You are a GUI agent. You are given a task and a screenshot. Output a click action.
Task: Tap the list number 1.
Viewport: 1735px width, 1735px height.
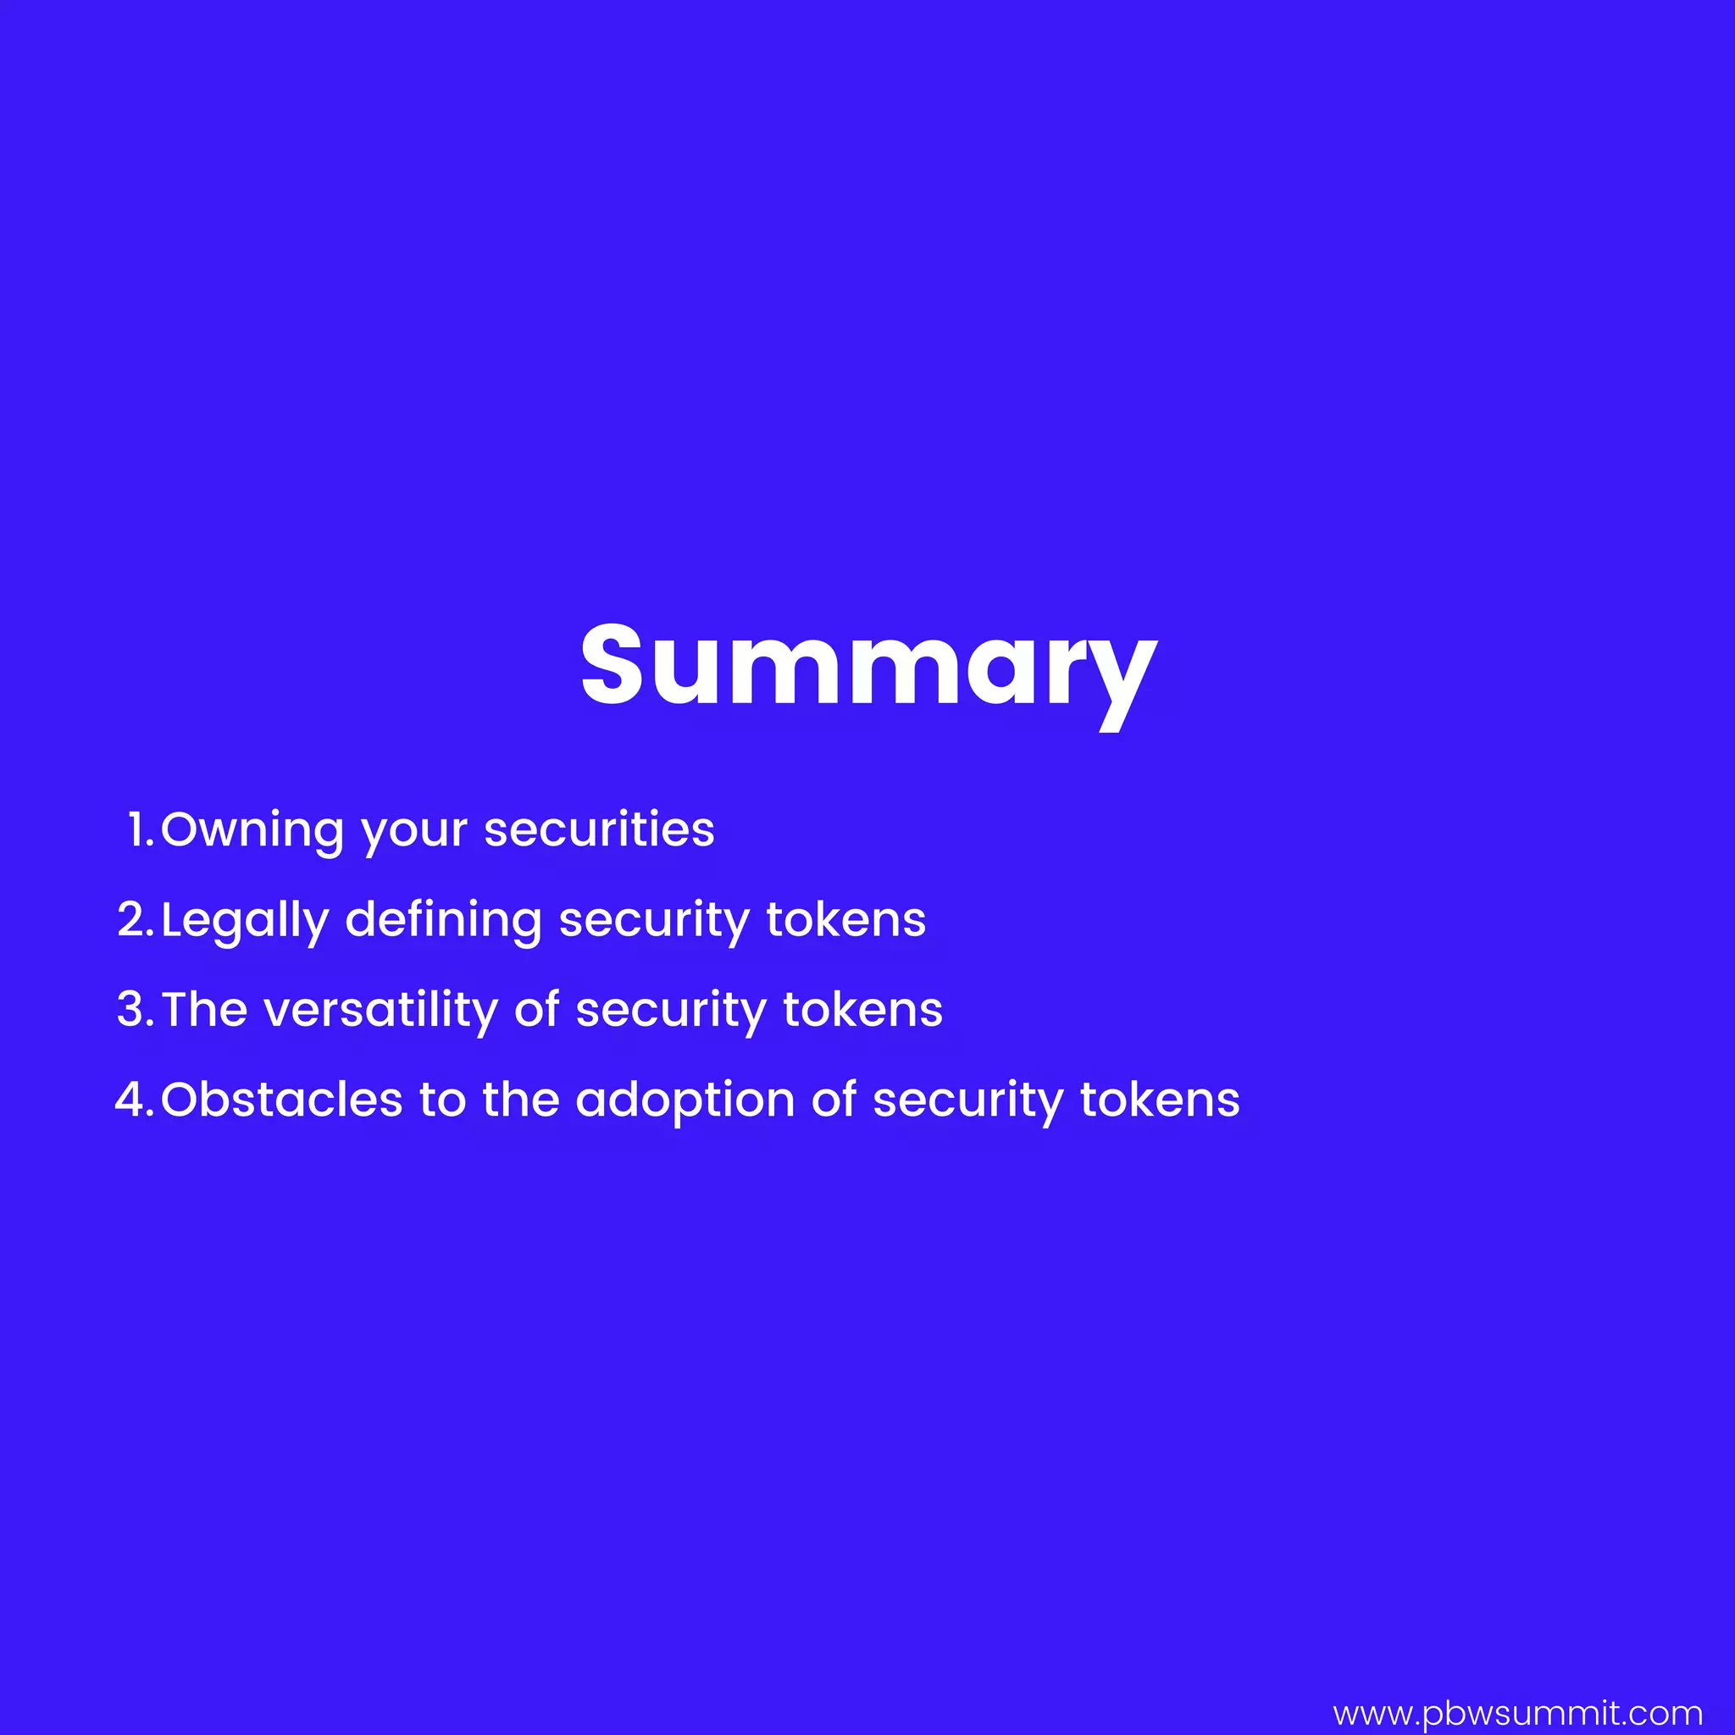pos(140,829)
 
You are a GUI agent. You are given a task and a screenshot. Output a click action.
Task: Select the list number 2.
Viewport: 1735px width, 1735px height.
pos(136,919)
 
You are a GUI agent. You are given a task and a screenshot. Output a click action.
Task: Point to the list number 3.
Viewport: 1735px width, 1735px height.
pos(136,1009)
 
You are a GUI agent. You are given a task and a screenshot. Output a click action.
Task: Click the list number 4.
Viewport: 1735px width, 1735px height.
pos(135,1099)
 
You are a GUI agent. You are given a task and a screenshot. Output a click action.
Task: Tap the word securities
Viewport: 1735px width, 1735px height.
pos(599,829)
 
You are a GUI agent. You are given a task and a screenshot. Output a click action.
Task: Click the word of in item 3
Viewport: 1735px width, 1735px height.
pos(536,1009)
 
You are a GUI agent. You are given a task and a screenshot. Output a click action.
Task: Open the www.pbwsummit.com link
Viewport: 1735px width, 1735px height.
pos(1517,1714)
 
